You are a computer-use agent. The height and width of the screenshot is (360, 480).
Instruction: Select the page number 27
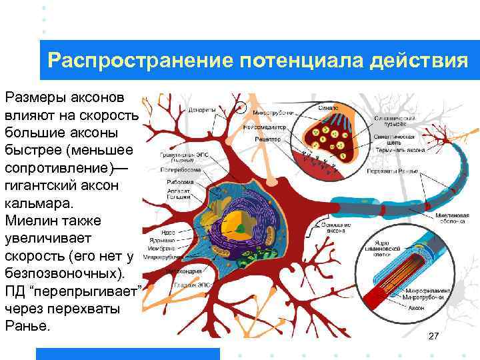pos(433,336)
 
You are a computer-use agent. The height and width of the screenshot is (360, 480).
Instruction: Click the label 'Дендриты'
pos(201,110)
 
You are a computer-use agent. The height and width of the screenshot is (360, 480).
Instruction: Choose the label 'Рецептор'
pos(267,139)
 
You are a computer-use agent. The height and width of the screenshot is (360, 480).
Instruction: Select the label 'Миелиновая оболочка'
pos(453,219)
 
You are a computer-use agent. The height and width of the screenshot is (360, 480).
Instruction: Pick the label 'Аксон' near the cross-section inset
pos(417,309)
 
